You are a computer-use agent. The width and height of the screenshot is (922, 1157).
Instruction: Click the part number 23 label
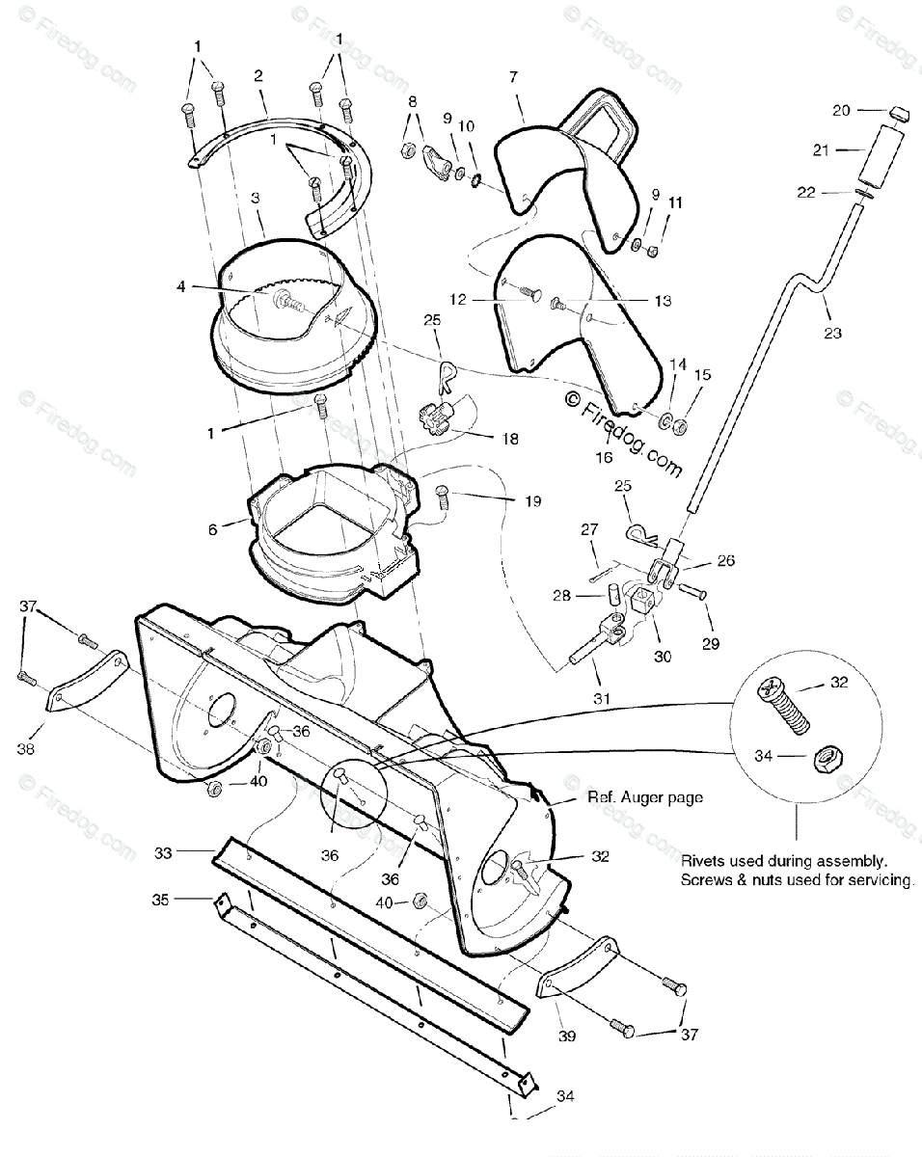[x=832, y=334]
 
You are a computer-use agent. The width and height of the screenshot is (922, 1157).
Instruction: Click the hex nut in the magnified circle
[x=825, y=758]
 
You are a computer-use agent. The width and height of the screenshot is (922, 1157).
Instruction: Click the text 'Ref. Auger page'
[x=644, y=797]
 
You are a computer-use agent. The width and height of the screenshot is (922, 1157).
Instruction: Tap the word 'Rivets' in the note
[x=704, y=859]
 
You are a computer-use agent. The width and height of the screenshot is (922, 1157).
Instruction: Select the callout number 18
[x=508, y=439]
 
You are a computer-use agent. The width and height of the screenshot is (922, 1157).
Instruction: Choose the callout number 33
[x=163, y=852]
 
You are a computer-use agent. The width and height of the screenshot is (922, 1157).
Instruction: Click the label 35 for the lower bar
[x=160, y=899]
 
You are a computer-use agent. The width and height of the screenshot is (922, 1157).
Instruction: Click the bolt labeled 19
[x=444, y=496]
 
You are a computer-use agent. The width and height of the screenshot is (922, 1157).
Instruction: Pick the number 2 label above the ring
[x=258, y=75]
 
